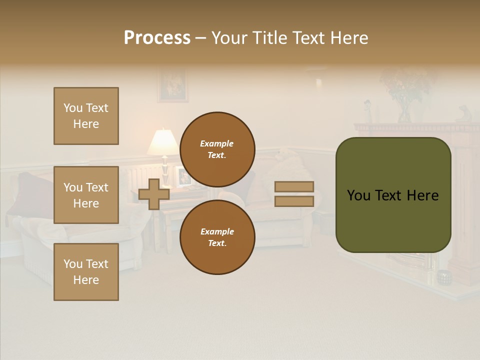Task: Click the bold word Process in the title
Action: (157, 38)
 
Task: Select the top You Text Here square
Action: (86, 116)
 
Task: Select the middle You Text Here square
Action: (86, 195)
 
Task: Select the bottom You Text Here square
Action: (86, 272)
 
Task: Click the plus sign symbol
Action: (154, 194)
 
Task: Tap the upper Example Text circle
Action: (217, 149)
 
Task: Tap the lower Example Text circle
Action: (217, 237)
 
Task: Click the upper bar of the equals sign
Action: (294, 186)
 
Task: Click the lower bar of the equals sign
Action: (294, 201)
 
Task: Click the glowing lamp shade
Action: (163, 142)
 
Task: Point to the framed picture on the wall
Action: (173, 85)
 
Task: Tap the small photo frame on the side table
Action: (183, 176)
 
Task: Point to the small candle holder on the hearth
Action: (443, 277)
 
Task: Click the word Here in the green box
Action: (422, 195)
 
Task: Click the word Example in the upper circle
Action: (217, 143)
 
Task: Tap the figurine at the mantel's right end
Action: (463, 113)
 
